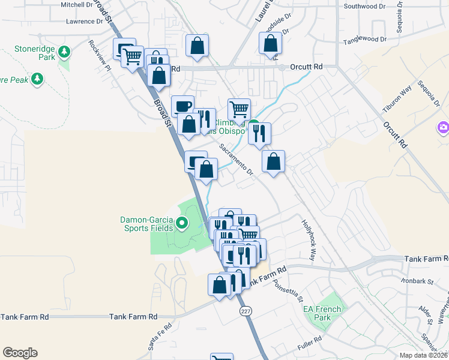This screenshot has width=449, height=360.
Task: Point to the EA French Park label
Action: [322, 313]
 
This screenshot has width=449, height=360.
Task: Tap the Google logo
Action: [20, 353]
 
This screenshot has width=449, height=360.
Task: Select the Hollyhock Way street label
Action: [308, 238]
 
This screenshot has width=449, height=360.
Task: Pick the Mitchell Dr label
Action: [77, 4]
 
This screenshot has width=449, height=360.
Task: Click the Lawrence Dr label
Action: [85, 22]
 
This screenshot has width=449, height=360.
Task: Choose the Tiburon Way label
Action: [397, 98]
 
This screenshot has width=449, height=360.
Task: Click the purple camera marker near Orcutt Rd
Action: [443, 127]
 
